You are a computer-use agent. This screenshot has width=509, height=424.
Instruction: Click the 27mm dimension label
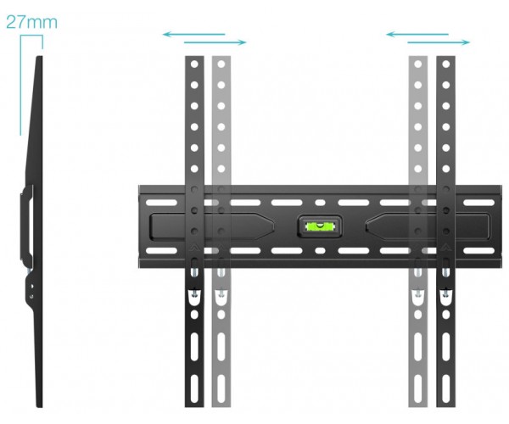point(31,22)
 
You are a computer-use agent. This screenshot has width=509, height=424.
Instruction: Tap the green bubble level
point(320,226)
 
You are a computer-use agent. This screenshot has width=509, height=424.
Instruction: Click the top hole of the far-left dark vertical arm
point(194,64)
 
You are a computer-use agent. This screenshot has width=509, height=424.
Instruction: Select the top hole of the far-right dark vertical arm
point(446,64)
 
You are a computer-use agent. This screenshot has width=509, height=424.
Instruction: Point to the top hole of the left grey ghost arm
point(221,64)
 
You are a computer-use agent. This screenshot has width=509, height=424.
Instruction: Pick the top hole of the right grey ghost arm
point(418,64)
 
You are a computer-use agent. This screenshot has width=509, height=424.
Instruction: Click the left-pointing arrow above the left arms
point(193,34)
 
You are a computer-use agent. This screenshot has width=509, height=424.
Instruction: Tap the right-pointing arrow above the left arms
point(215,42)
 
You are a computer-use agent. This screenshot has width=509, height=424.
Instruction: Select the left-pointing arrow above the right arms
point(417,34)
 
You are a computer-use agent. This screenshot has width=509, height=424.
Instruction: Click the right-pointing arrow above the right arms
point(439,42)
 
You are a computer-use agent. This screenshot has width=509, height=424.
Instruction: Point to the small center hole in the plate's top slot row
point(320,203)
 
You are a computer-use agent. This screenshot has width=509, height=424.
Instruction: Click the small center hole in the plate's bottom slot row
point(320,251)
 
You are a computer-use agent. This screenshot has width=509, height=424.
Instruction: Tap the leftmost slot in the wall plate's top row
point(161,203)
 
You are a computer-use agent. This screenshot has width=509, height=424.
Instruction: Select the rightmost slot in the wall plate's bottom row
point(478,251)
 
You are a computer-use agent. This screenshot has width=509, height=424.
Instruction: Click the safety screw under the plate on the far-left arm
point(194,271)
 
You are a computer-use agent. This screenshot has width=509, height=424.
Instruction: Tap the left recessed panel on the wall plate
point(211,226)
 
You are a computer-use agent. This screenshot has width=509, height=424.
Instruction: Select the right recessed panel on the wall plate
point(428,226)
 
